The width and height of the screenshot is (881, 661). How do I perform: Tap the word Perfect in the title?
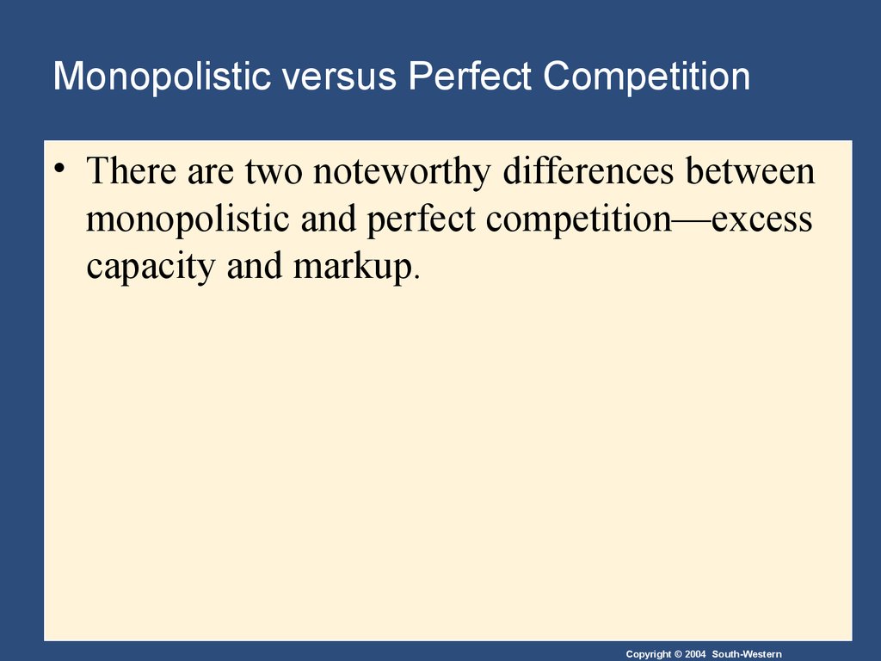pyautogui.click(x=469, y=76)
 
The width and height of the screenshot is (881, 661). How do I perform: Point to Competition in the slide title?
pyautogui.click(x=646, y=77)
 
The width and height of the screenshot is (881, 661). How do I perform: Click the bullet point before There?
pyautogui.click(x=59, y=167)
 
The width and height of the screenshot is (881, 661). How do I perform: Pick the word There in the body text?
pyautogui.click(x=132, y=170)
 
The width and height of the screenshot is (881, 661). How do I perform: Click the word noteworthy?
pyautogui.click(x=402, y=171)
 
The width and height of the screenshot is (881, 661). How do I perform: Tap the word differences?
pyautogui.click(x=588, y=170)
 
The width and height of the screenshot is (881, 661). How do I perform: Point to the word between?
pyautogui.click(x=750, y=170)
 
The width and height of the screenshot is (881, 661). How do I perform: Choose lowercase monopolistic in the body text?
pyautogui.click(x=188, y=219)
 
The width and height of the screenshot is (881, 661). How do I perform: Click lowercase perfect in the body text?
pyautogui.click(x=422, y=219)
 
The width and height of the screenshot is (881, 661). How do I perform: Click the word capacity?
pyautogui.click(x=151, y=267)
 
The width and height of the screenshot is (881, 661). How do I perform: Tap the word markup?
pyautogui.click(x=353, y=266)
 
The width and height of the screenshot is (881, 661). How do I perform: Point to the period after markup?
pyautogui.click(x=416, y=277)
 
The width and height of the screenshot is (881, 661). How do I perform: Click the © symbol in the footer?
pyautogui.click(x=678, y=654)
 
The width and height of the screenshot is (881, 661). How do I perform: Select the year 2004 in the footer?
pyautogui.click(x=695, y=654)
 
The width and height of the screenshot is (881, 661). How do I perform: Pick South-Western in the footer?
pyautogui.click(x=747, y=654)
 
